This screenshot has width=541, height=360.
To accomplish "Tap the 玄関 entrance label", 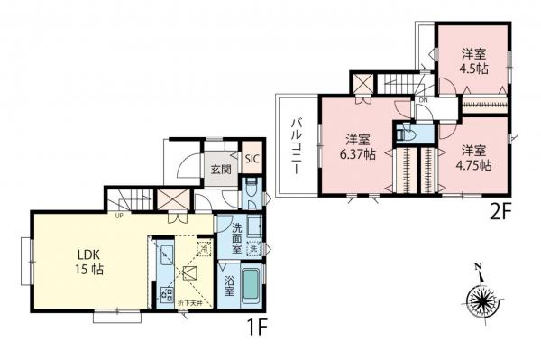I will [x=222, y=168].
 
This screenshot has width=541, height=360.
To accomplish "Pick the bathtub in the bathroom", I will [x=252, y=286].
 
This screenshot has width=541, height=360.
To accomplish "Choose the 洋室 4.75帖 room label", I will [x=474, y=157].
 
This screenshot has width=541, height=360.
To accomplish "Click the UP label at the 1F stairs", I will [x=118, y=215].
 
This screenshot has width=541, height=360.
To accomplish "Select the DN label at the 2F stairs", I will [x=423, y=100].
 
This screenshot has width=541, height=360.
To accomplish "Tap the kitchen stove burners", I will [x=166, y=292].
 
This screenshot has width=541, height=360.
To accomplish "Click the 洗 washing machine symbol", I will [x=254, y=249].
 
